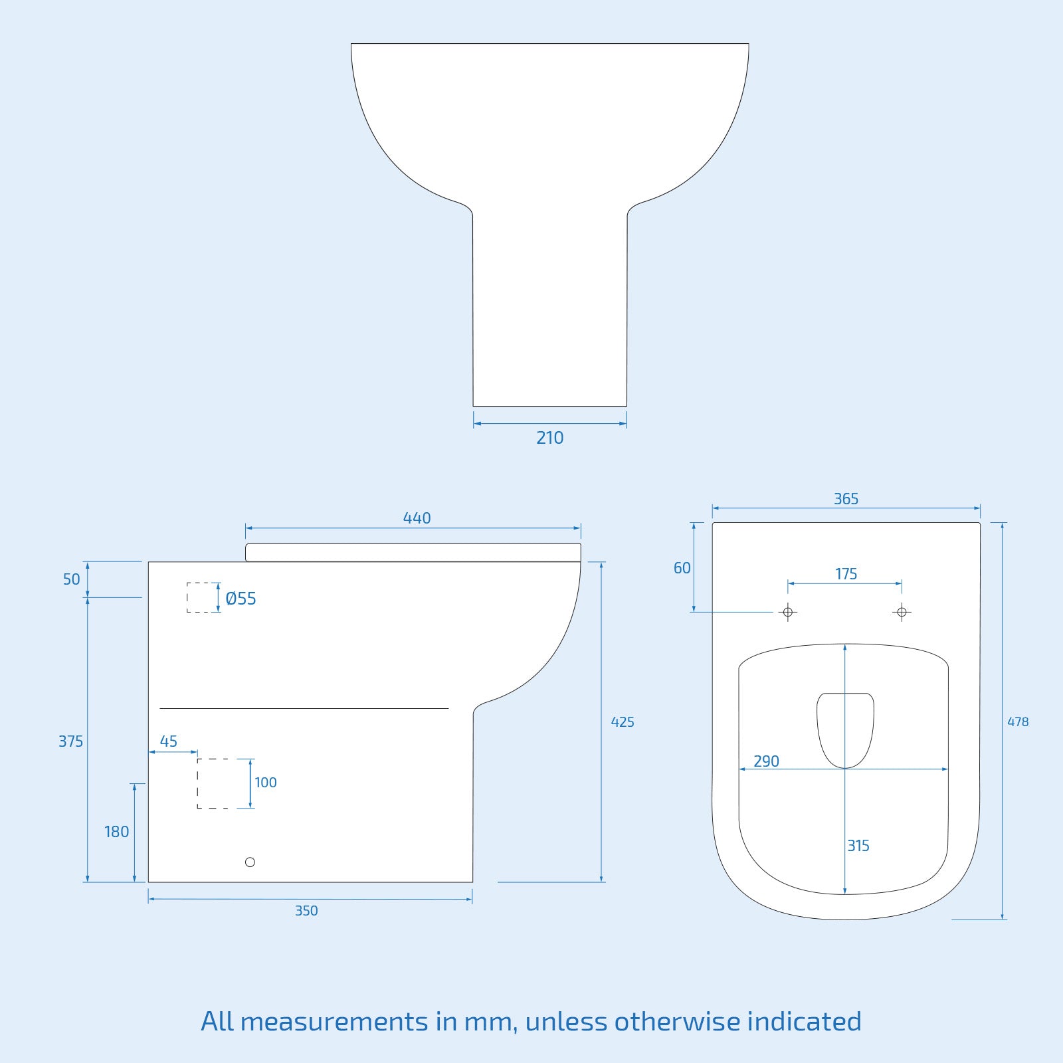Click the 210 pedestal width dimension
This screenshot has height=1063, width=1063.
point(549,438)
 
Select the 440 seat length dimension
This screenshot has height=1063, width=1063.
point(417,518)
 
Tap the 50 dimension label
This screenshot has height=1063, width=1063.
point(71,579)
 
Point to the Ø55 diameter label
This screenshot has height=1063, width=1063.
point(241,599)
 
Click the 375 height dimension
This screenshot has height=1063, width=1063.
point(70,741)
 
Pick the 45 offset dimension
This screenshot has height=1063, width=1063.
point(169,741)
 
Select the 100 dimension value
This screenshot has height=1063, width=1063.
point(266,783)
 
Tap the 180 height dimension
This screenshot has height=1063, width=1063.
point(116,832)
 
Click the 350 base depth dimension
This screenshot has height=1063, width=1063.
point(306,911)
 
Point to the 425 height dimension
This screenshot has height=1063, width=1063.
point(623,722)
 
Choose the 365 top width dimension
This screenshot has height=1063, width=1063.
point(846,499)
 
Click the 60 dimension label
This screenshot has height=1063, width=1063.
point(682,568)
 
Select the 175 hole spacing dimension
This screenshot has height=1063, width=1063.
point(846,574)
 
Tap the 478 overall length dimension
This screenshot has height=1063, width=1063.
point(1018,722)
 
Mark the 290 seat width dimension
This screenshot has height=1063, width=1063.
point(766,761)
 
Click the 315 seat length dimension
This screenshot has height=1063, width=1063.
point(858,846)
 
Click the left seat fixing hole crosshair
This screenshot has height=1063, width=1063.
point(788,612)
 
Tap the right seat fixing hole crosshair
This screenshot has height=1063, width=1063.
point(902,612)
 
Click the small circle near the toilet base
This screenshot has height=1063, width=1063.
point(250,862)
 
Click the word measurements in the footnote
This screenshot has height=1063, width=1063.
point(334,1021)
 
